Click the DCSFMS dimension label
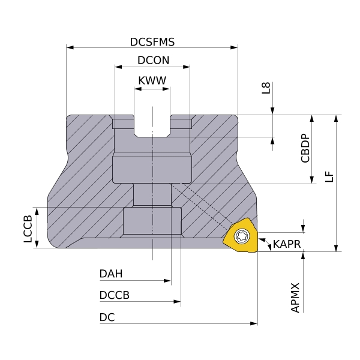point(152,42)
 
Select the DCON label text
point(154,61)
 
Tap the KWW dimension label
point(152,80)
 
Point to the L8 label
point(266,88)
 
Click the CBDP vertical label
point(305,149)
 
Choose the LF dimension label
point(329,176)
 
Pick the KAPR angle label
point(287,244)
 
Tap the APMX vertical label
point(295,298)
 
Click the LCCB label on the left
point(28,229)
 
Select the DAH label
point(111,274)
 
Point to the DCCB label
point(115,295)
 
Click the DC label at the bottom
point(107,317)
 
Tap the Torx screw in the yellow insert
point(242,236)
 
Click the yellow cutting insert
point(240,235)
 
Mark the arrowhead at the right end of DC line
point(254,323)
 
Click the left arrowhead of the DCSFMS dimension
point(70,47)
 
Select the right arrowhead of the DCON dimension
point(187,67)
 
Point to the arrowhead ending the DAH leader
point(167,281)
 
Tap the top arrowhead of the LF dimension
point(336,118)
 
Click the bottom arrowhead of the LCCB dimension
point(37,244)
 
